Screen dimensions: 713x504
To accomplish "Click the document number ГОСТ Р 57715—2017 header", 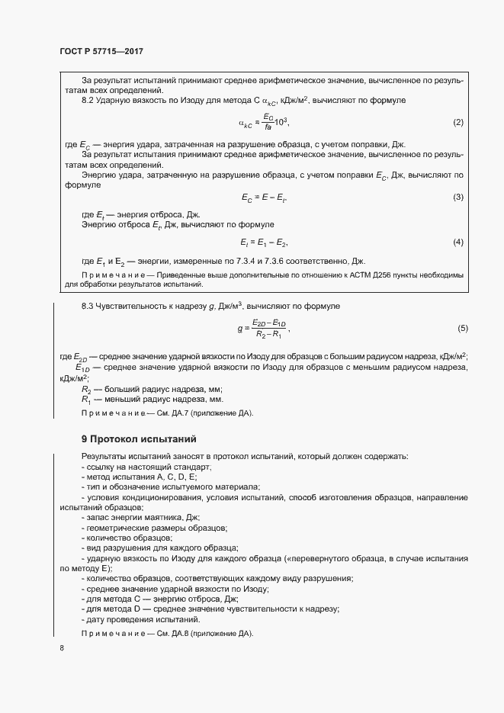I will coord(101,51).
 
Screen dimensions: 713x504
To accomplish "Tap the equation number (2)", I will coord(458,123).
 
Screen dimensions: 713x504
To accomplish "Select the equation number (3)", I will coord(458,198).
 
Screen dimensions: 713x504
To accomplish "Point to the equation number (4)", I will coord(458,242).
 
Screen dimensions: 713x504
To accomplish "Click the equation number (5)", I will coord(462,328).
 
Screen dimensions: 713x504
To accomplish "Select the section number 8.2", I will coord(88,101).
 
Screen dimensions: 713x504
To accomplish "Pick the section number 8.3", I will coord(88,306).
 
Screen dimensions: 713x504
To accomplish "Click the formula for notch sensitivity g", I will coord(264,329).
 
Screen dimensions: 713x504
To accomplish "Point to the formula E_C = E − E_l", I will coord(264,198).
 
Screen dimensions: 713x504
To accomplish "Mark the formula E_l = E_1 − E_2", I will coord(264,242).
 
